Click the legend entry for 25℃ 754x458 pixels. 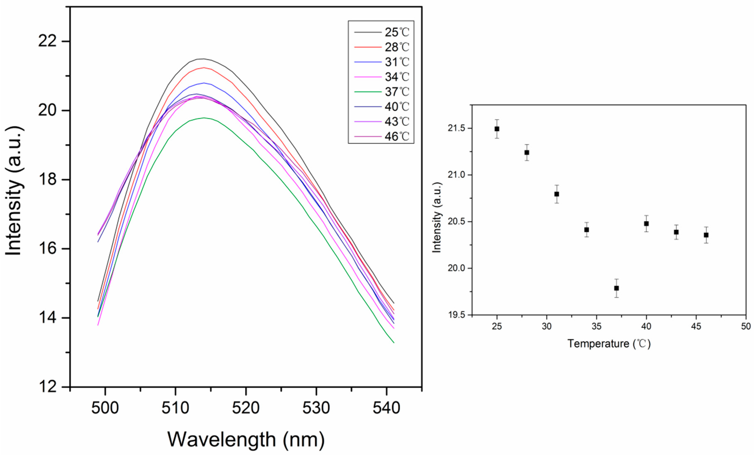coord(397,32)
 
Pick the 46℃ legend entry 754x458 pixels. coord(397,136)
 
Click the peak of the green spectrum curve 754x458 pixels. coord(204,118)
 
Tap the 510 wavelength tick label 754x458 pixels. coord(175,408)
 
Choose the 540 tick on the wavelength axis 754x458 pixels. coord(386,408)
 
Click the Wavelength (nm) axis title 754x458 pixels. coord(246,440)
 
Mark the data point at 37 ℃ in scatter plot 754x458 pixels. coord(616,288)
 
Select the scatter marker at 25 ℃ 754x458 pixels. coord(497,129)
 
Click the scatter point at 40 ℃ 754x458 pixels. coord(646,224)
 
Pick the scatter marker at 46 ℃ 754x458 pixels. coord(706,235)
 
